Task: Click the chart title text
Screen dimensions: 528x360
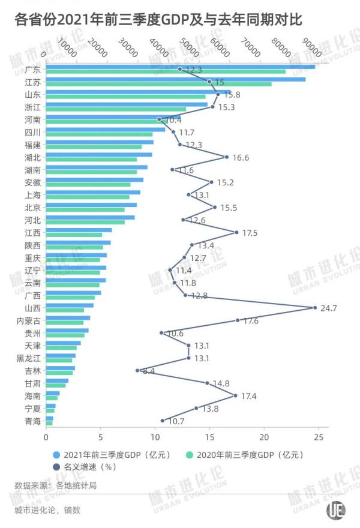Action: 158,21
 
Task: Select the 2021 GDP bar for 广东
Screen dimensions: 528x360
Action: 180,66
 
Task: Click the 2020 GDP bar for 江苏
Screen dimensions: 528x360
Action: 158,84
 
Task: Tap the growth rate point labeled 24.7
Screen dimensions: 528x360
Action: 315,308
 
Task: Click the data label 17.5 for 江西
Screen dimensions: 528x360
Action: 248,232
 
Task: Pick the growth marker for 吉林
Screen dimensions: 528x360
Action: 137,370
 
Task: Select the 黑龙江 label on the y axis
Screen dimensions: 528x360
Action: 29,358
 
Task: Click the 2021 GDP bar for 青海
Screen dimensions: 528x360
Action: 49,418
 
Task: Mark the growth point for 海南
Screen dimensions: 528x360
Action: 235,395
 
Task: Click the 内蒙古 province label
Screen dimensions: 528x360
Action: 29,320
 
